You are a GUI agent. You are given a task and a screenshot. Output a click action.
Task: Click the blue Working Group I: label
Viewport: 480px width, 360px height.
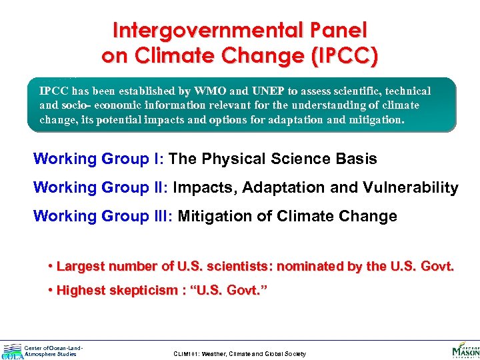(99, 159)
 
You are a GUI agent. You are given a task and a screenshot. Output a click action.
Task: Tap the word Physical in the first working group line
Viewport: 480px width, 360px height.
(233, 159)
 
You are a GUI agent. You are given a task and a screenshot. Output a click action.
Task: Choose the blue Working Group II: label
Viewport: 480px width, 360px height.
(101, 187)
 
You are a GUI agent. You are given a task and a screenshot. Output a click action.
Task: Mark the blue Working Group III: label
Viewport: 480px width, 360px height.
(103, 216)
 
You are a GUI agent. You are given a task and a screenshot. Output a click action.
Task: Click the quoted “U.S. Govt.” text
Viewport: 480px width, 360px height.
(229, 290)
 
